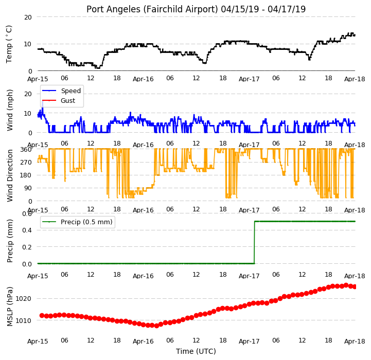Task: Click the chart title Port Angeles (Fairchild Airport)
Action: pos(152,9)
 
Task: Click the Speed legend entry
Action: pos(62,91)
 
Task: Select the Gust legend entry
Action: pos(59,100)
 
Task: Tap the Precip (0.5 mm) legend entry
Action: pos(77,222)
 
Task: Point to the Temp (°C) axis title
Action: pos(9,44)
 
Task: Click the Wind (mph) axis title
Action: pos(9,110)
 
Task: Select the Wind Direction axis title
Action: pos(9,175)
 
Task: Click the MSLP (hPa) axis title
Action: pos(9,307)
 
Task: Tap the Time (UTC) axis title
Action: pos(196,351)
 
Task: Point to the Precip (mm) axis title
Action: pos(9,241)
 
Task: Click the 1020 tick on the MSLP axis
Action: pos(23,298)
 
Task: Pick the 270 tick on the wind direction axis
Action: pos(27,163)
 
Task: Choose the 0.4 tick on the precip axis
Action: pos(27,230)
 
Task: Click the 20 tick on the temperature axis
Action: pos(28,17)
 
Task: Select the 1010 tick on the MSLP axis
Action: pos(23,320)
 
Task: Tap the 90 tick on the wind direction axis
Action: pos(28,188)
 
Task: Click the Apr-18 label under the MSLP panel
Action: pos(355,341)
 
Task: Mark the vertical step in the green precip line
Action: pos(254,242)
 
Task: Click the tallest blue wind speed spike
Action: pos(43,101)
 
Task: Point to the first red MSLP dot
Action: pos(42,316)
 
